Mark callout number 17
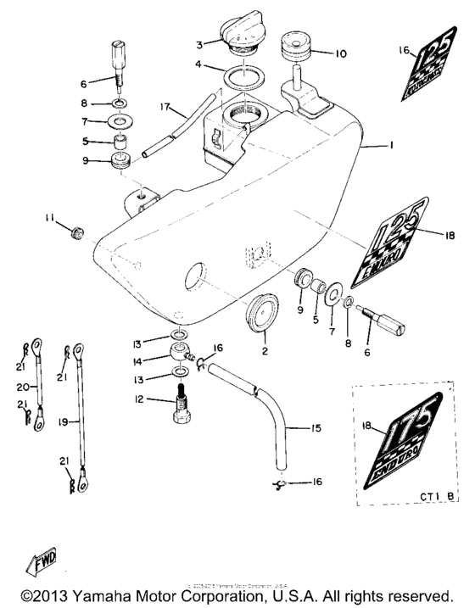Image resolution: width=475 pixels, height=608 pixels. click(x=164, y=108)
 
